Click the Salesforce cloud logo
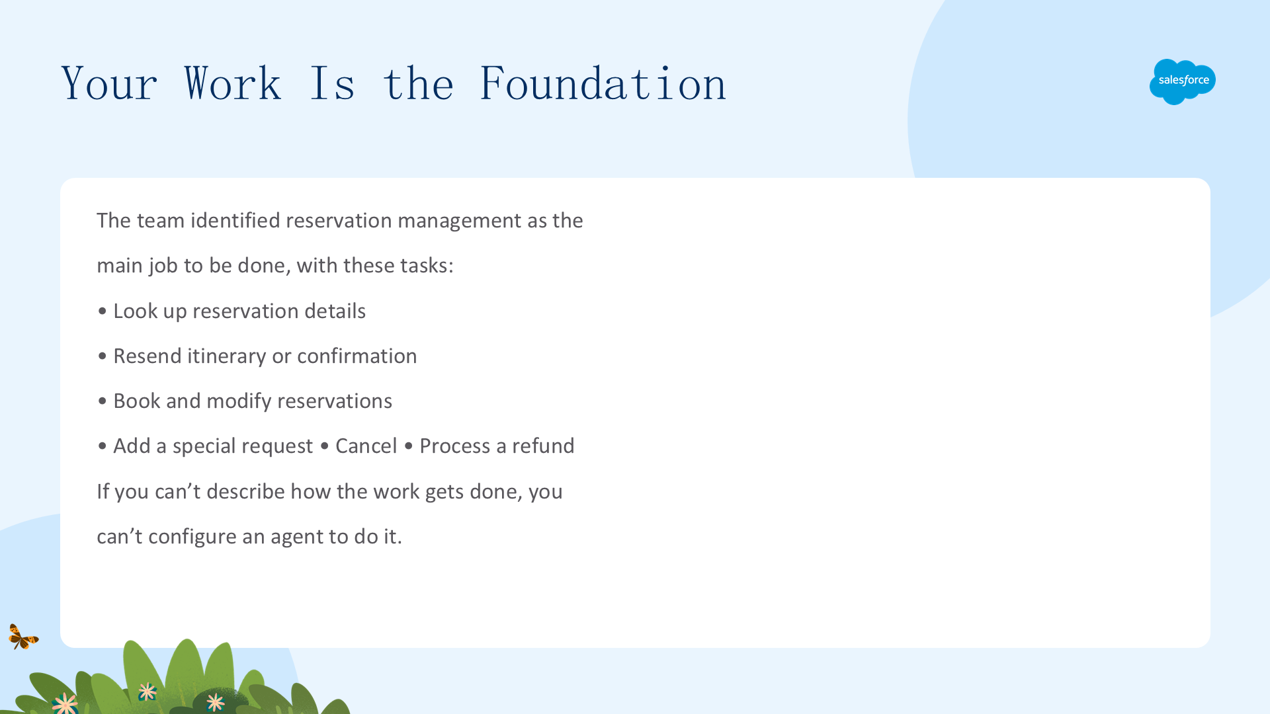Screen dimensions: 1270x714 (x=1183, y=81)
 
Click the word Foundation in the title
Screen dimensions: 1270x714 (x=603, y=84)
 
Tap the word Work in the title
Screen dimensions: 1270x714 (x=232, y=84)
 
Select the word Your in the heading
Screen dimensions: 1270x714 (x=109, y=84)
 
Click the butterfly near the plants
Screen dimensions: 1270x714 (x=23, y=637)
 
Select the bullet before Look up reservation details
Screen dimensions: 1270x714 (x=102, y=311)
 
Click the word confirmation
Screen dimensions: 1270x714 (x=357, y=356)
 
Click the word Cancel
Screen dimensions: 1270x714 (x=366, y=446)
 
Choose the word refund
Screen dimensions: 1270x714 (x=543, y=446)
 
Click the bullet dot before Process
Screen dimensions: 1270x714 (x=408, y=446)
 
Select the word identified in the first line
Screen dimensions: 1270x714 (x=235, y=221)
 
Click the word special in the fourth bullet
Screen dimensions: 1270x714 (x=210, y=447)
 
